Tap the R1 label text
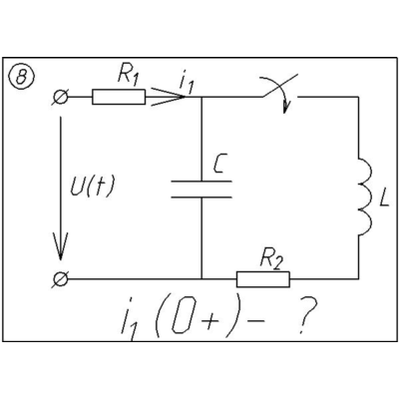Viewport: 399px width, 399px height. [x=128, y=78]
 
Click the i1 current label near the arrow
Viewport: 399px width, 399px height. [x=186, y=83]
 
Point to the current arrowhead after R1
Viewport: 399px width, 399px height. [x=168, y=97]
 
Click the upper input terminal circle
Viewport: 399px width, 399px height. [x=61, y=97]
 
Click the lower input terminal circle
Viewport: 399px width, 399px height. [x=61, y=279]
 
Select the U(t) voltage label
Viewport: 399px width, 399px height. [x=92, y=186]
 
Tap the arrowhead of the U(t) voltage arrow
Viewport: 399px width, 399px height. [x=61, y=246]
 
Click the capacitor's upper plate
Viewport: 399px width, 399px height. [x=201, y=182]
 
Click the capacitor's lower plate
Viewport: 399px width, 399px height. [x=201, y=197]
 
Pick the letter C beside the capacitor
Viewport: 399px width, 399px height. [x=218, y=164]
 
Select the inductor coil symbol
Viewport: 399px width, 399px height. [x=365, y=197]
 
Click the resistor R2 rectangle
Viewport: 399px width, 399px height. [x=263, y=279]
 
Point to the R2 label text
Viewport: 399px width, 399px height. [x=271, y=260]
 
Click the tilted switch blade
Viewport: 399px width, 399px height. [x=279, y=87]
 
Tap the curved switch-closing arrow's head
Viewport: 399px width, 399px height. [x=285, y=107]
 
